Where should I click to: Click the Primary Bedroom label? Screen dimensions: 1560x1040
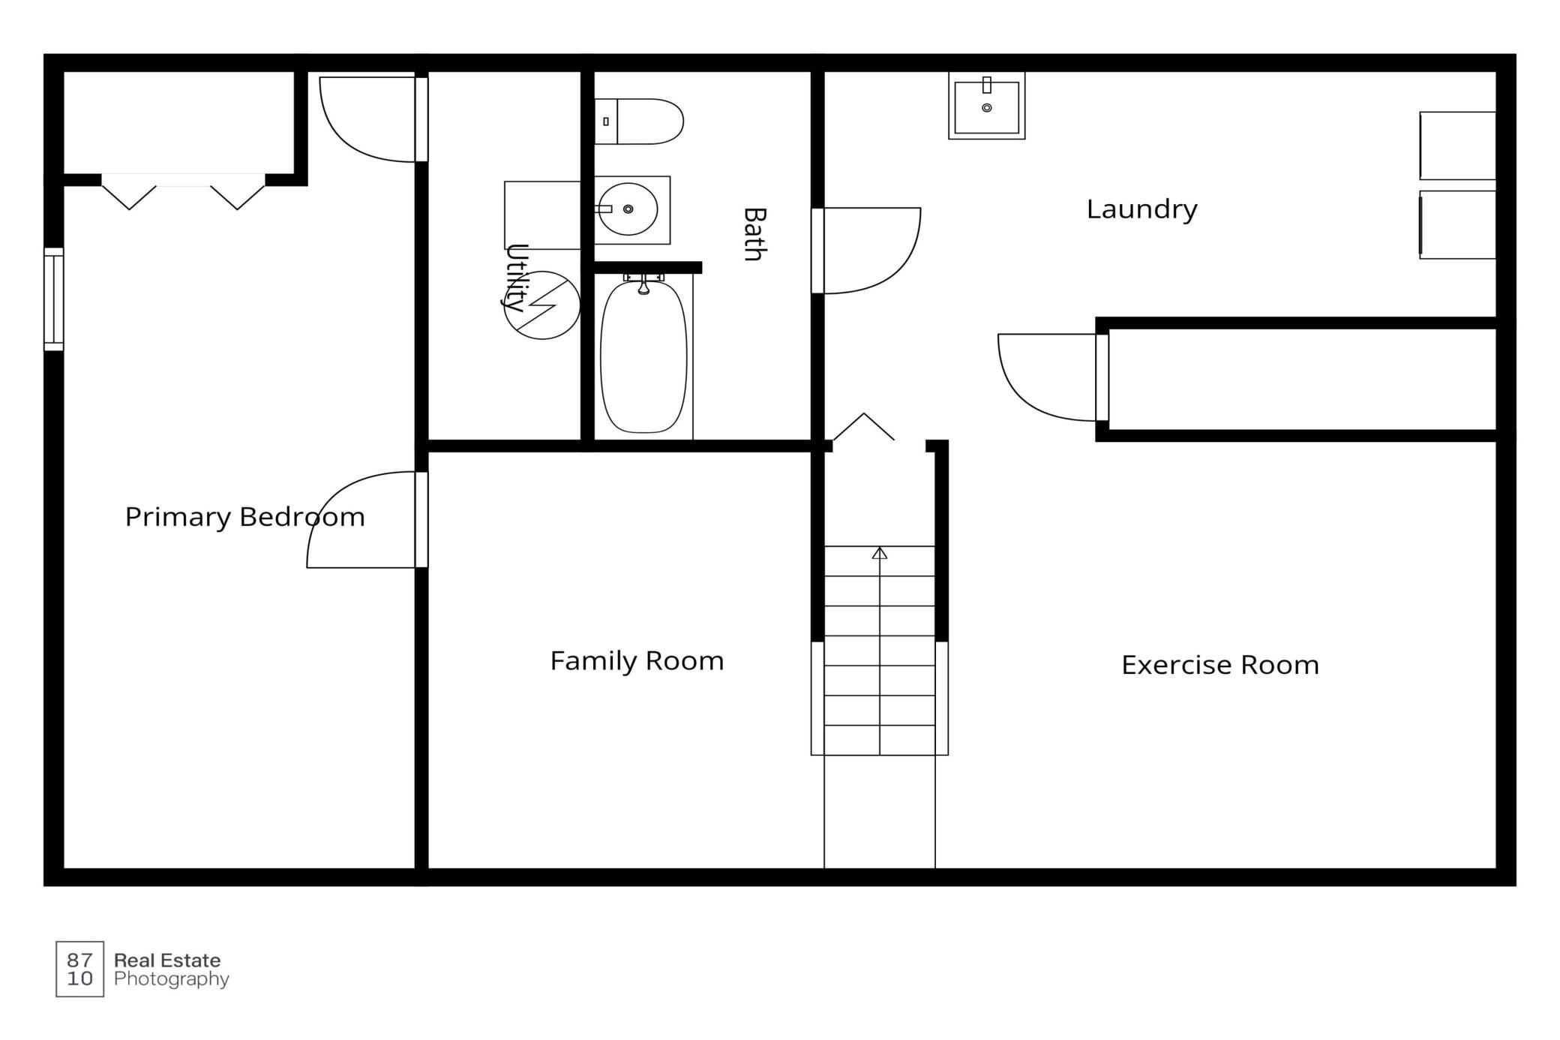244,517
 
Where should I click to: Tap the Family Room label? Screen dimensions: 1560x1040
637,661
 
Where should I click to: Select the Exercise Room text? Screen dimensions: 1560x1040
1220,666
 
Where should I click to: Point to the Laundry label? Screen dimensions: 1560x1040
1141,209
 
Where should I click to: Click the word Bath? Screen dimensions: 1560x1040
754,234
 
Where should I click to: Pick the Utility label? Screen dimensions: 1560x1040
516,277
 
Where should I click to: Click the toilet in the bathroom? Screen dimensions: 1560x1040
639,121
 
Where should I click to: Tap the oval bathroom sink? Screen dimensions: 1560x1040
628,209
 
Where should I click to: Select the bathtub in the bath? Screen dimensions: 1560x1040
643,356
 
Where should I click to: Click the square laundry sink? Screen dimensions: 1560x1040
986,106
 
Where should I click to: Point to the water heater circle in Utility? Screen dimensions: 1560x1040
541,305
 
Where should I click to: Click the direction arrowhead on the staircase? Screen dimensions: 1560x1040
880,553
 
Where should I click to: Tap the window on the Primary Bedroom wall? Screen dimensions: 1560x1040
54,299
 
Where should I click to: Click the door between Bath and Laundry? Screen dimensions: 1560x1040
866,251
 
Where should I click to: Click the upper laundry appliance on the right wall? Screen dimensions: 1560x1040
1457,146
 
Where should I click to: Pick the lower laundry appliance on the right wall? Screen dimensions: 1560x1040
1457,225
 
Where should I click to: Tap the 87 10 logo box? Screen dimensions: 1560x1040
80,969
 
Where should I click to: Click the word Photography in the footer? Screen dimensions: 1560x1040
172,979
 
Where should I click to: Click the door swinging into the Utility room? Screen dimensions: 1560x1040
373,119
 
